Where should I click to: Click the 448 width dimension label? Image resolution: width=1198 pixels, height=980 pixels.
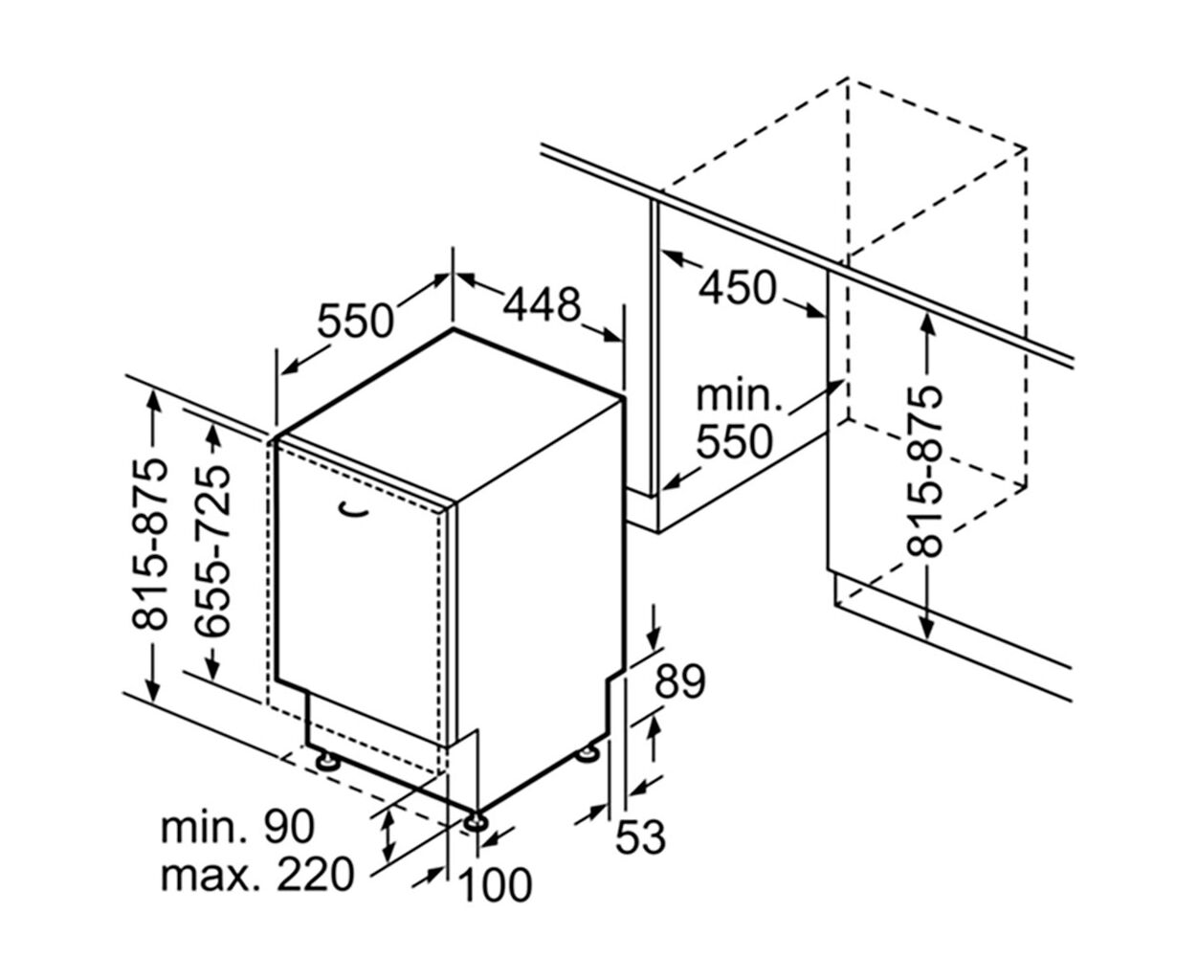tap(542, 305)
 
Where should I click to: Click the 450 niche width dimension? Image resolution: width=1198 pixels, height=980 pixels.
tap(737, 287)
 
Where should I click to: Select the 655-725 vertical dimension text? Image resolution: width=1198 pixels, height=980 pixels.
tap(212, 550)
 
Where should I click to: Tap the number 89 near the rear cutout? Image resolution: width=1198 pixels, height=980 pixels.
tap(680, 680)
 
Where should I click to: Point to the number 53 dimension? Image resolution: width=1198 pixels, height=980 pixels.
tap(640, 836)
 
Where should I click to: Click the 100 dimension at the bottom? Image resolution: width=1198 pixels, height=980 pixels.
tap(494, 884)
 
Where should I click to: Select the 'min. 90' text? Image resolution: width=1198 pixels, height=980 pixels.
tap(237, 827)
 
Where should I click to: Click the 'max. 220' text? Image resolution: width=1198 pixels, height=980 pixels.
tap(257, 875)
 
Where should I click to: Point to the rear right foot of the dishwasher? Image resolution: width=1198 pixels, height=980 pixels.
tap(587, 755)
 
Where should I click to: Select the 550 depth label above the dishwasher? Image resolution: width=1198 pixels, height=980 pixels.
tap(355, 321)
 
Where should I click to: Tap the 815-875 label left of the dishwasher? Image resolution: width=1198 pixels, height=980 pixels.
tap(150, 545)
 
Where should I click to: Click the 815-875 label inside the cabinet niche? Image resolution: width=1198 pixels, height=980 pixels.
tap(924, 471)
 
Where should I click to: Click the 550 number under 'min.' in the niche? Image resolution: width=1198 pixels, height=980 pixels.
tap(735, 441)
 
